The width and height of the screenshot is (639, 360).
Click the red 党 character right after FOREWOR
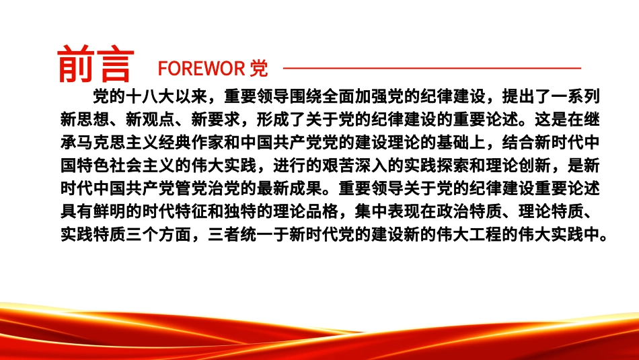coord(258,69)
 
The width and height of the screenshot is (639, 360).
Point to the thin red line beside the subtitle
coord(430,68)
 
